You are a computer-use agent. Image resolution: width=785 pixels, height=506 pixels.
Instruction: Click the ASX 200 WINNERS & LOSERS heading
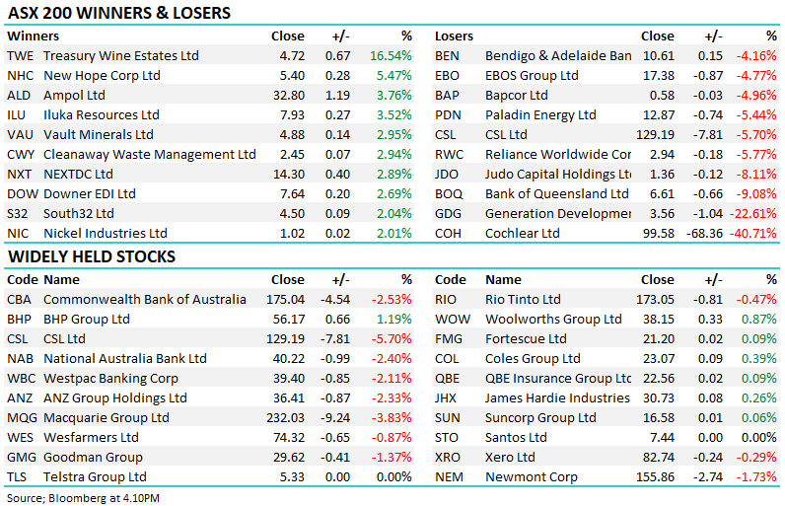pos(118,14)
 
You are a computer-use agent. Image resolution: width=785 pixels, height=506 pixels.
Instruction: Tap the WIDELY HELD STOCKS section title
pos(92,257)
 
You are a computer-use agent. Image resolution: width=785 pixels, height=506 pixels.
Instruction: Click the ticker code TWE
pos(21,56)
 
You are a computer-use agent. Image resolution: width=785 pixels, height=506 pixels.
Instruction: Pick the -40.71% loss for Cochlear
pos(754,234)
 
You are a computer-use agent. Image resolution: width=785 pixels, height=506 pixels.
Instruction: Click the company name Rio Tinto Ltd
pos(523,300)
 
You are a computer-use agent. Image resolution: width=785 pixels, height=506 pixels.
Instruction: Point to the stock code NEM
pos(451,477)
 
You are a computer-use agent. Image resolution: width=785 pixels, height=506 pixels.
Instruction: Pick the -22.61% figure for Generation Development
pos(754,214)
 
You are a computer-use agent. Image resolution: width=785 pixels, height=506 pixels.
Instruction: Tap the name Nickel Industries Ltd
pos(106,234)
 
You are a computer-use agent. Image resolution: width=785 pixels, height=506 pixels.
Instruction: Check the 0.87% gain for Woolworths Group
pos(760,320)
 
